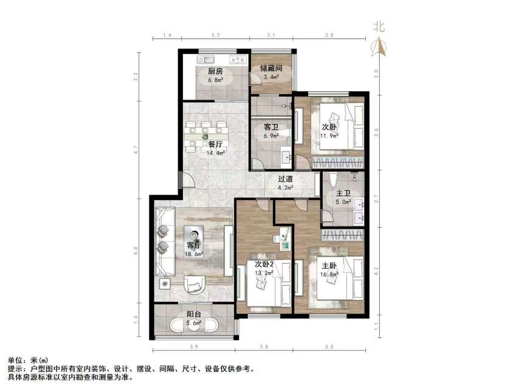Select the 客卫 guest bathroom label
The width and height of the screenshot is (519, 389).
click(x=270, y=128)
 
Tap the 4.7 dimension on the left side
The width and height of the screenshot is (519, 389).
click(x=138, y=147)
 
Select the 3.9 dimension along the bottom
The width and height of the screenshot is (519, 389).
click(x=194, y=347)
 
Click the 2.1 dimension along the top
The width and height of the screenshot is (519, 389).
click(x=272, y=36)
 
